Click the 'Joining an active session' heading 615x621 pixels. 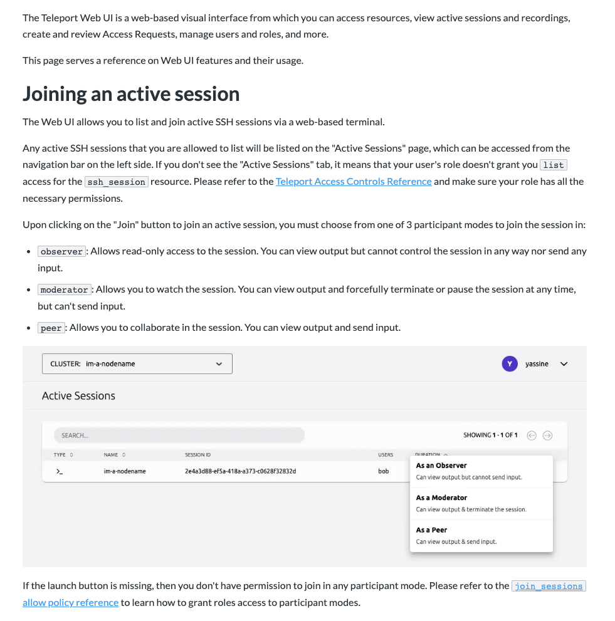131,94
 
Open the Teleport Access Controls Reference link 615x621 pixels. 354,181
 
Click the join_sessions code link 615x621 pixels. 549,586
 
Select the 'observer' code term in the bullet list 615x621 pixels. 61,251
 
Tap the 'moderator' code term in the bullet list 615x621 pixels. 64,290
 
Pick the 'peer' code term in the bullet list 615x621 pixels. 51,328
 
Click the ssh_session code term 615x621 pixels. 116,182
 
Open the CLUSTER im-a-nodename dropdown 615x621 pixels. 137,363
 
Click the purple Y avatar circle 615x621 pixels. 510,363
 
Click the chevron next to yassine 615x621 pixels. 563,363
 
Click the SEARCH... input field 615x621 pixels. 179,435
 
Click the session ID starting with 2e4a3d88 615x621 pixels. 240,471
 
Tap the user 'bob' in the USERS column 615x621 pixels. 383,471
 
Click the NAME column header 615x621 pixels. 111,454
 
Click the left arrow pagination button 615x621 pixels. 532,436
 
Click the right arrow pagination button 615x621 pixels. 547,436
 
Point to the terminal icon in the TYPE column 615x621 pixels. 60,471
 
